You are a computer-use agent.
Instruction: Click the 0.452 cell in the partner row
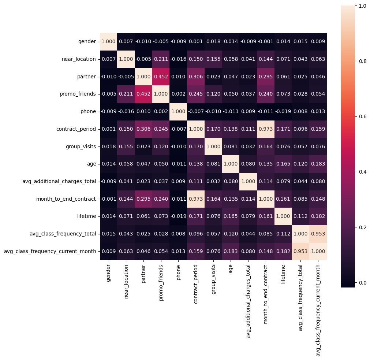[161, 76]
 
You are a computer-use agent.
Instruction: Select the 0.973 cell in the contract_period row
[266, 129]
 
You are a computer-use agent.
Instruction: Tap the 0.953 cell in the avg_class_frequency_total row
[318, 234]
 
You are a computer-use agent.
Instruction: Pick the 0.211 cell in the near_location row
[161, 59]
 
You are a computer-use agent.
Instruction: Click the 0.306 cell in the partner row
[196, 76]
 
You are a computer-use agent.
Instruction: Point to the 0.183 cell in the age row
[318, 164]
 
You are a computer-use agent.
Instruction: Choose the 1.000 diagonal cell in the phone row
[179, 111]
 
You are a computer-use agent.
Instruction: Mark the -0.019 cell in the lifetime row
[179, 216]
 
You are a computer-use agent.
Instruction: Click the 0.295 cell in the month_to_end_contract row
[143, 198]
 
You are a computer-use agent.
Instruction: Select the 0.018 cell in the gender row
[213, 41]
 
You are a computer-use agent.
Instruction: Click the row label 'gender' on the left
[87, 41]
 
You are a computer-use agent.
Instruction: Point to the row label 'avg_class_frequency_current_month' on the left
[50, 251]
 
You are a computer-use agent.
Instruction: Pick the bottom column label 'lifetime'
[283, 275]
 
